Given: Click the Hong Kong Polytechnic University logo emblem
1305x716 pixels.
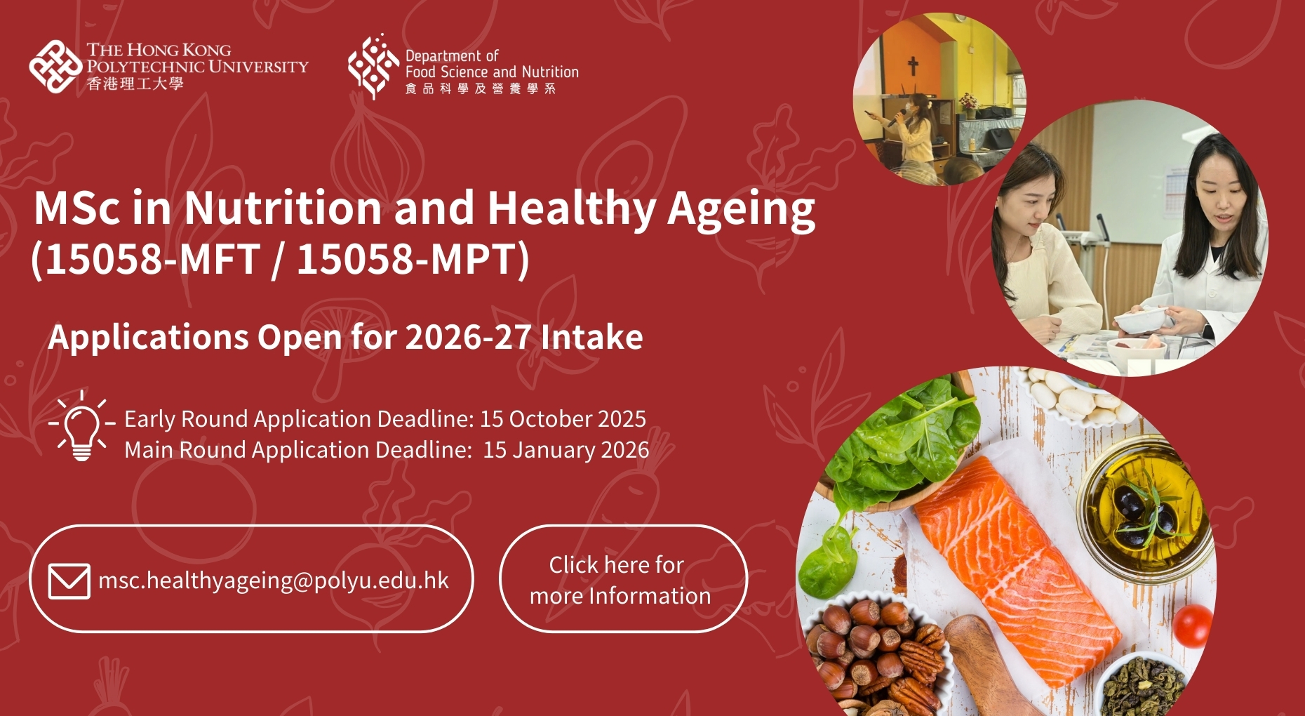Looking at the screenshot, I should coord(55,66).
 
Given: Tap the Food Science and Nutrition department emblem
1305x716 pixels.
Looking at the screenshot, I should coord(373,66).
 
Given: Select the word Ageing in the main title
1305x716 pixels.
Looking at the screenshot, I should coord(741,209).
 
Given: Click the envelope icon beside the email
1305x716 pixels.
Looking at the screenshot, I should coord(69,581).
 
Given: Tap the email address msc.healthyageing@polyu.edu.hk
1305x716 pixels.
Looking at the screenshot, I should coord(274,581).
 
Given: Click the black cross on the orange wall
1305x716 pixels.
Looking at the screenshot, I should coord(913,66).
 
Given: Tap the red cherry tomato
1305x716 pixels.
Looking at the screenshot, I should coord(1192,625).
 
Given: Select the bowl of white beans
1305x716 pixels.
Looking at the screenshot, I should coord(1073,397).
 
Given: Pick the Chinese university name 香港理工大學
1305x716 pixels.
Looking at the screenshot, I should coord(135,84).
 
